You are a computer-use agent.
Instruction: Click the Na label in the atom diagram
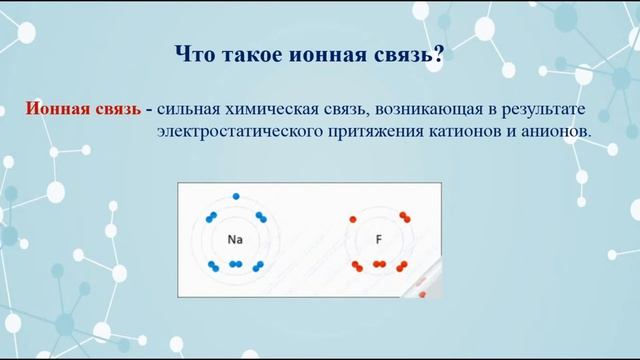pyautogui.click(x=235, y=240)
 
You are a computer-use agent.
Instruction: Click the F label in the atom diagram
pyautogui.click(x=379, y=240)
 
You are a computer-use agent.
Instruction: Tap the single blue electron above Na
pyautogui.click(x=235, y=196)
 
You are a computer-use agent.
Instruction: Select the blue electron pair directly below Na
pyautogui.click(x=235, y=265)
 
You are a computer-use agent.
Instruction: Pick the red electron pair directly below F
pyautogui.click(x=379, y=265)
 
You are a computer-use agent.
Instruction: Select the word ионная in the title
pyautogui.click(x=319, y=53)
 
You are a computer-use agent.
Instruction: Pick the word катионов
pyautogui.click(x=469, y=131)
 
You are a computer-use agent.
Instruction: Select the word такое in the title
pyautogui.click(x=251, y=53)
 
